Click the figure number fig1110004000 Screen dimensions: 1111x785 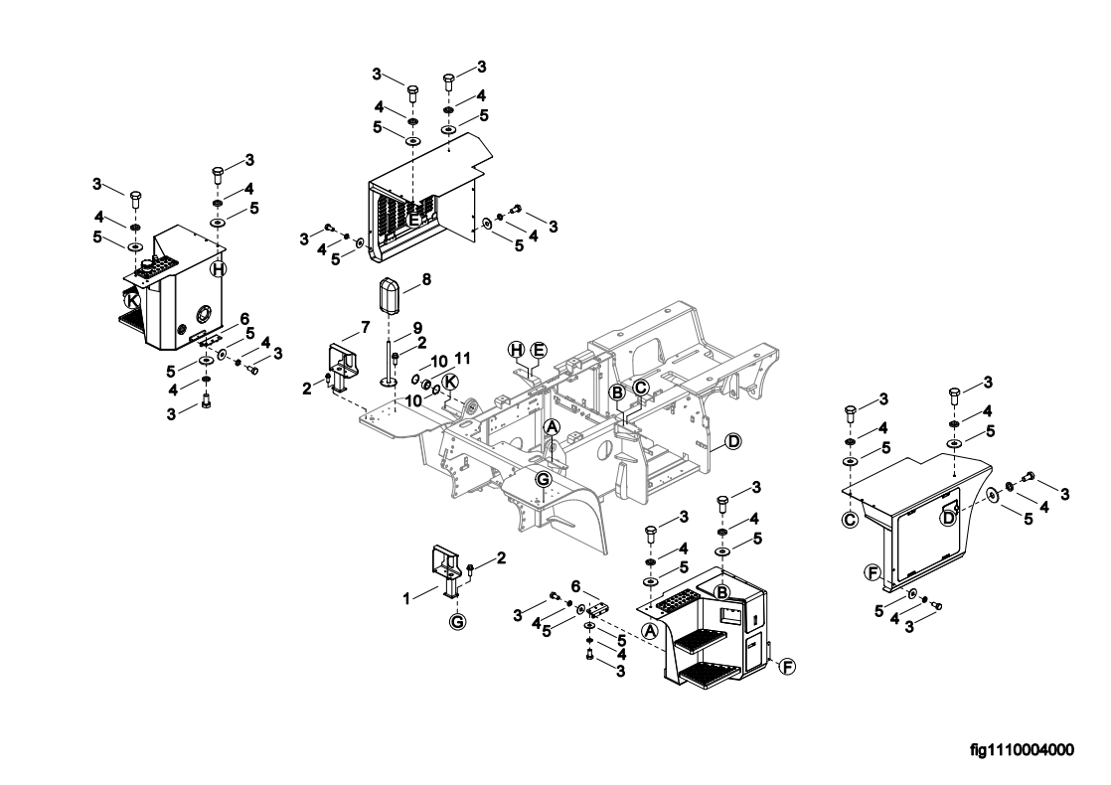[x=1022, y=749]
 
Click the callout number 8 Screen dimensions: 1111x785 [x=426, y=280]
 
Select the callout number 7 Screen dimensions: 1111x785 [x=365, y=327]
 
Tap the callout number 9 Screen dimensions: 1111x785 [x=417, y=327]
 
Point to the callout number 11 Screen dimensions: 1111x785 [x=463, y=358]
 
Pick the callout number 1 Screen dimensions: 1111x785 [x=406, y=598]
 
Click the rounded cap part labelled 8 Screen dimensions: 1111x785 [x=389, y=297]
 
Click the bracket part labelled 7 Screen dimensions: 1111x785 [x=345, y=369]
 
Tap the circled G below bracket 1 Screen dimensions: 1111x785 [x=458, y=623]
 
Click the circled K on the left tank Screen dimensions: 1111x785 [x=132, y=300]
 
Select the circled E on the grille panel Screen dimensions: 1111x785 [x=413, y=220]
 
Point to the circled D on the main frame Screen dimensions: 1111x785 [x=733, y=441]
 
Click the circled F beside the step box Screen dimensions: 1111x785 [x=786, y=666]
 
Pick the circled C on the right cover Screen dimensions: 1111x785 [x=849, y=520]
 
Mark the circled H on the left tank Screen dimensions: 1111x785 [x=219, y=269]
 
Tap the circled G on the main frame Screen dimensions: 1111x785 [x=544, y=479]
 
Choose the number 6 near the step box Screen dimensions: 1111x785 [x=576, y=586]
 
